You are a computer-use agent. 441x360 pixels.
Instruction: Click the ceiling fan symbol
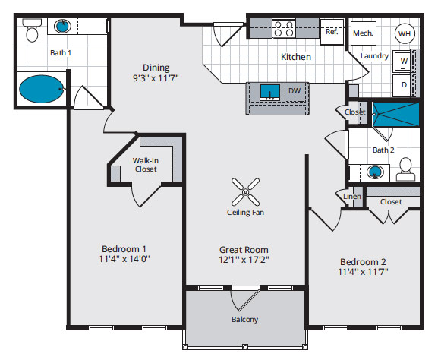pos(245,192)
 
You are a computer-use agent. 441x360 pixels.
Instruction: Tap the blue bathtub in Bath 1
pos(41,89)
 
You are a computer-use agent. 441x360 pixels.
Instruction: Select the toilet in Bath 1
pos(32,30)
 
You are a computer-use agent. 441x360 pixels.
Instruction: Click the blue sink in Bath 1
pos(62,26)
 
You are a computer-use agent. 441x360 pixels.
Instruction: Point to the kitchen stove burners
pos(284,29)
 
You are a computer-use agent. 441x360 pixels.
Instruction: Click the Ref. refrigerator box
pos(332,32)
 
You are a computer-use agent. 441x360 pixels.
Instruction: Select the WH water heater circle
pos(405,33)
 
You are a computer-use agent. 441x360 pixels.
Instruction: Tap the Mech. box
pos(364,33)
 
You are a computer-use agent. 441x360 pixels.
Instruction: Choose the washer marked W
pos(402,62)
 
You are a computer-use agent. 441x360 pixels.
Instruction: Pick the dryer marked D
pos(402,85)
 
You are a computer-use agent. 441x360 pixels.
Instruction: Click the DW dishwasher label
pos(295,91)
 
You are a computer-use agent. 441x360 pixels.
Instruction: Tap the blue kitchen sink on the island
pos(269,92)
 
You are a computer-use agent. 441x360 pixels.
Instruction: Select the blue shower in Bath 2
pos(396,114)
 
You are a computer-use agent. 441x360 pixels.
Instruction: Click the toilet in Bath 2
pos(405,169)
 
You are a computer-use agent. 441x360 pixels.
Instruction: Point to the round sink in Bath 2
pos(375,172)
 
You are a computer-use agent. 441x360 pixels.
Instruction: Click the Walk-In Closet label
pos(146,165)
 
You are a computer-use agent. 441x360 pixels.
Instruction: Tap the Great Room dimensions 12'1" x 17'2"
pos(244,260)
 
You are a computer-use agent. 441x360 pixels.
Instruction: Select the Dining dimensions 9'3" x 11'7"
pos(156,77)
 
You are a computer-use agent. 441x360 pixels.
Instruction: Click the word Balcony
pos(244,320)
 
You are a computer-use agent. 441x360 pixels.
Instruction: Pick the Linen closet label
pos(352,197)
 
